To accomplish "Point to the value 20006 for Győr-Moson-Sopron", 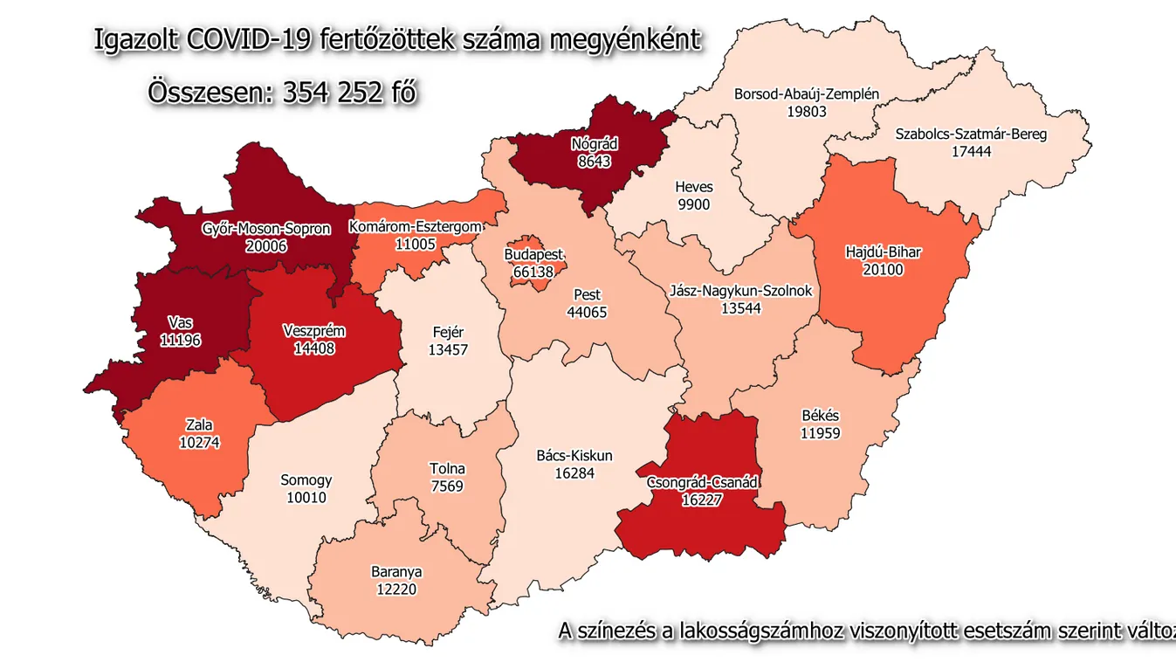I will [x=266, y=246].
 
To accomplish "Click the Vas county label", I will [x=181, y=322].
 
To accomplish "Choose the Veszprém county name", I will [x=314, y=331].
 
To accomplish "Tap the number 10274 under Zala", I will [x=199, y=442].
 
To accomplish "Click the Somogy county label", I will [x=306, y=479].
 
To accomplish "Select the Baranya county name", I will [x=396, y=572].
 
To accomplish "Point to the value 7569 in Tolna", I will [x=447, y=486].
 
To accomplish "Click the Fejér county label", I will [x=448, y=332].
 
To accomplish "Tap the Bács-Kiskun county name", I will [x=574, y=456].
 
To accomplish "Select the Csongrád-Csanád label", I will [x=703, y=482].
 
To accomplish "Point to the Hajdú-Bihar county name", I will [x=883, y=253].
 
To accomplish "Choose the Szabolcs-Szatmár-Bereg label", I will [x=971, y=134].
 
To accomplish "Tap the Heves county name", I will [x=693, y=187].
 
